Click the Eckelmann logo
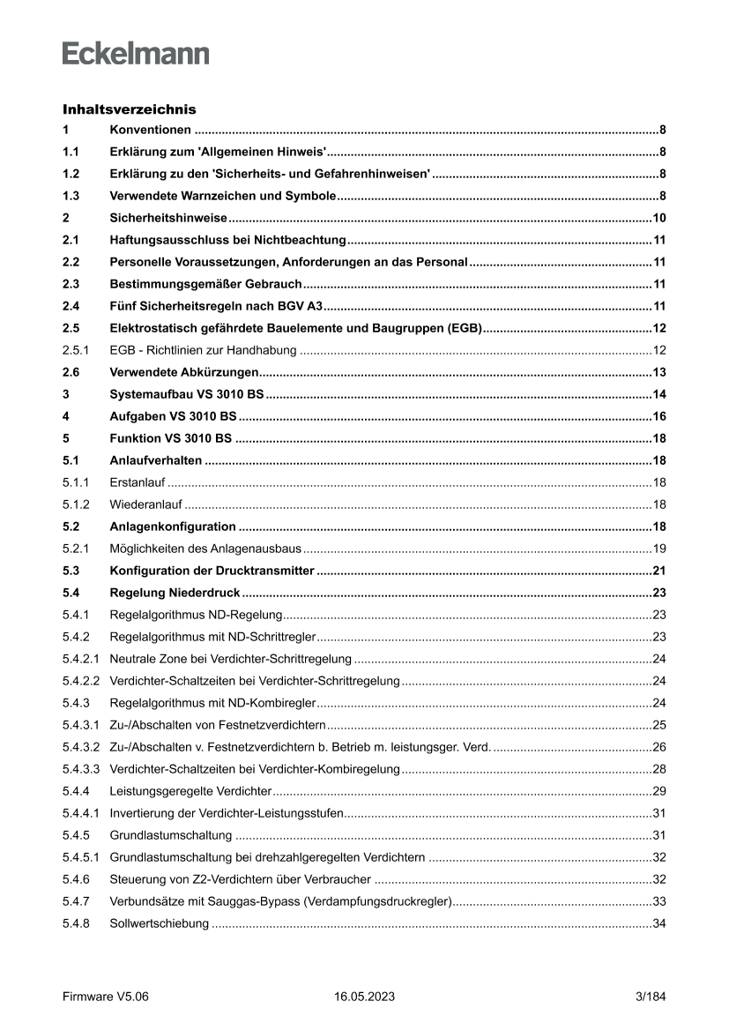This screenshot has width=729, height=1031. pos(136,54)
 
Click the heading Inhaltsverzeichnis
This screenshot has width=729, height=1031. pos(129,110)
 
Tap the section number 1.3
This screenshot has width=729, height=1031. pos(71,196)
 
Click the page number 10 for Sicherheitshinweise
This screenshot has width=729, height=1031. pos(658,218)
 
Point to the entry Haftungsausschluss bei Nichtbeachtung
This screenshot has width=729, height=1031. pos(227,240)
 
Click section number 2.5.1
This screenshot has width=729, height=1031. pos(76,350)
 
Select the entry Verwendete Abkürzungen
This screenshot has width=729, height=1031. pos(184,372)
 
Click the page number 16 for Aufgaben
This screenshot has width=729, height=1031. pos(658,416)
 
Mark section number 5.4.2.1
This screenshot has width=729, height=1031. pos(81,659)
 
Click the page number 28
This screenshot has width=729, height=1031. pos(658,769)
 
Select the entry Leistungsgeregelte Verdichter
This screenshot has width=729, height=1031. pos(190,791)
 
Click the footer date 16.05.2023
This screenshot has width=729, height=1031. pos(364,997)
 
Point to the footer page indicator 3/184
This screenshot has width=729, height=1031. pos(651,997)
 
